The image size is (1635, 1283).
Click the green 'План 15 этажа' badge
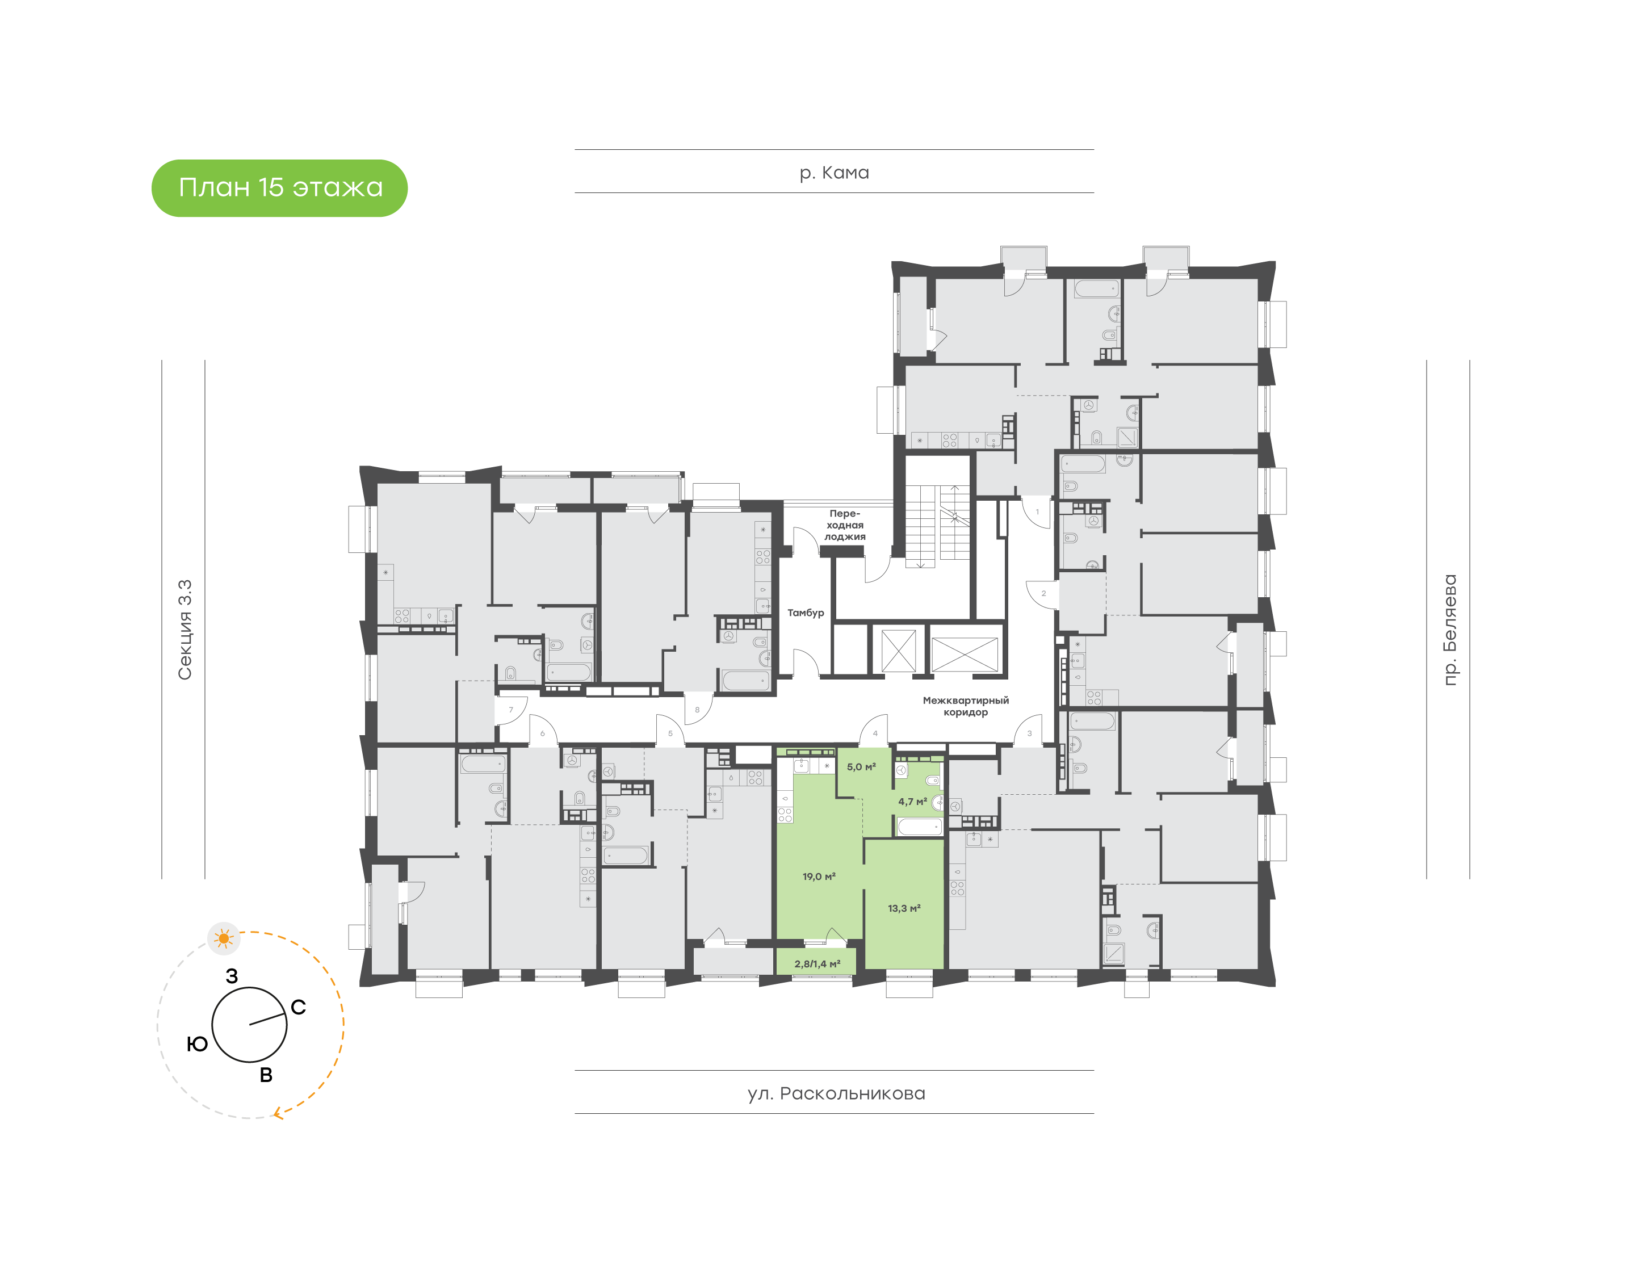click(x=279, y=188)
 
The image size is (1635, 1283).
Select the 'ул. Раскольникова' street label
click(x=836, y=1093)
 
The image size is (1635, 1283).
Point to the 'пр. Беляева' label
click(x=1449, y=630)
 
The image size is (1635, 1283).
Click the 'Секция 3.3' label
click(x=185, y=630)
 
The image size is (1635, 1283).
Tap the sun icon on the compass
click(x=223, y=938)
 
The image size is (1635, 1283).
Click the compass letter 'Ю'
click(x=197, y=1043)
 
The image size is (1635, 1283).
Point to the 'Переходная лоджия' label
click(x=845, y=525)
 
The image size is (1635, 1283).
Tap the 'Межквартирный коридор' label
click(x=966, y=706)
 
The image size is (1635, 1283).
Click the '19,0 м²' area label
click(x=819, y=877)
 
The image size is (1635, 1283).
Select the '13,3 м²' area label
click(x=904, y=908)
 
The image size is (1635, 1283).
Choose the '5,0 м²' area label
click(x=861, y=767)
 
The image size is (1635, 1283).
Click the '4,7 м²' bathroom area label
click(x=912, y=802)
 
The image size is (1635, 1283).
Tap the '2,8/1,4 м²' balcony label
click(x=817, y=964)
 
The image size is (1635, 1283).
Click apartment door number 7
click(x=511, y=710)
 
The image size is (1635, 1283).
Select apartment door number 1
click(x=1037, y=512)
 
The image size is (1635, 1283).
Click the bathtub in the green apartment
click(x=919, y=827)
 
